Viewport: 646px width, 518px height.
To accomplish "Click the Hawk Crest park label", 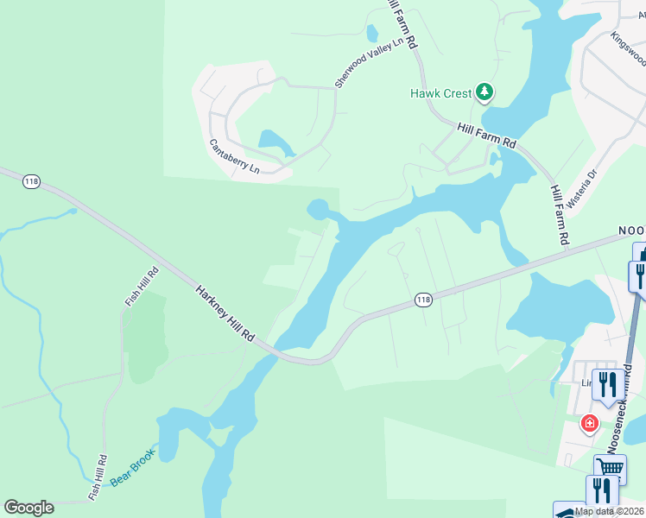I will [x=441, y=93].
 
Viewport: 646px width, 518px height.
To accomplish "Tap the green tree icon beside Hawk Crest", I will [x=484, y=92].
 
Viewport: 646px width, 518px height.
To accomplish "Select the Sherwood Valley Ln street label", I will [x=370, y=61].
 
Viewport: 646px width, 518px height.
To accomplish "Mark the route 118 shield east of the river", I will [x=422, y=300].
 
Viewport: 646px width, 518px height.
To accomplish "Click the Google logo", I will [x=28, y=508].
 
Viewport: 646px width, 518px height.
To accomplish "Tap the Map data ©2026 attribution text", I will [x=610, y=511].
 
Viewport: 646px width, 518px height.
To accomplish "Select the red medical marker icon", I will [x=589, y=423].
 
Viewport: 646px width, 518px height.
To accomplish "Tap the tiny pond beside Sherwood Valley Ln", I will [x=372, y=34].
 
